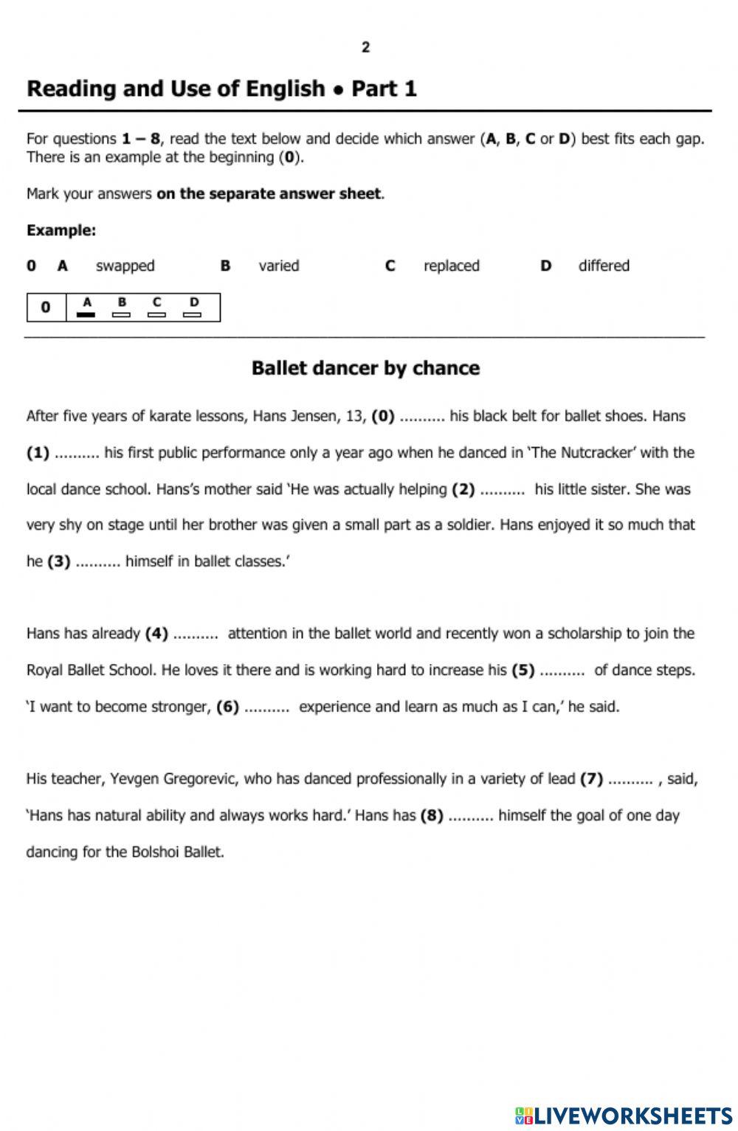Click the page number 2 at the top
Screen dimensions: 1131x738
(x=365, y=47)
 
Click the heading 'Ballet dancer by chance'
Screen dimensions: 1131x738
(x=365, y=367)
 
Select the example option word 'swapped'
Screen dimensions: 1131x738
(x=125, y=266)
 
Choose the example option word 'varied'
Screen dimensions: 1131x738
(x=278, y=266)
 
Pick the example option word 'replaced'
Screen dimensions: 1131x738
(x=451, y=266)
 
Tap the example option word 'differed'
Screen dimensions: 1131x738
(x=603, y=266)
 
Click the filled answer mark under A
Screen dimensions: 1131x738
(x=86, y=314)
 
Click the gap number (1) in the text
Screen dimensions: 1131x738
(x=38, y=453)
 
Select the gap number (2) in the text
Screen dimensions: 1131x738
(x=463, y=489)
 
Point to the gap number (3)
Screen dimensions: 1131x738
(x=59, y=561)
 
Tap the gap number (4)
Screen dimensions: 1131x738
(x=156, y=634)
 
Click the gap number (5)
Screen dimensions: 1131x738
(x=523, y=671)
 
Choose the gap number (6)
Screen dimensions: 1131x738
(x=227, y=707)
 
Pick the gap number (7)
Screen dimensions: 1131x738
(x=591, y=779)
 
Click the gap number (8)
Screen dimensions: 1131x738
(x=432, y=816)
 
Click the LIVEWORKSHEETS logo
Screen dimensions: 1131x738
(x=624, y=1114)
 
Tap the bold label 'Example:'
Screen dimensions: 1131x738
(x=61, y=230)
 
